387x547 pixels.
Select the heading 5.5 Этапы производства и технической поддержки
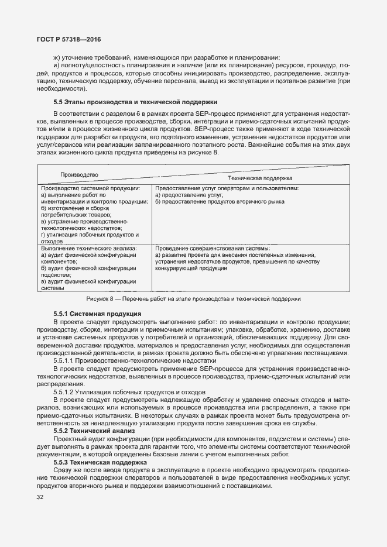click(x=135, y=101)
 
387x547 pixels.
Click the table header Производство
click(x=79, y=174)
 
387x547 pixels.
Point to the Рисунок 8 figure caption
click(x=193, y=298)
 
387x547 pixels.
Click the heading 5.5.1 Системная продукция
click(x=97, y=314)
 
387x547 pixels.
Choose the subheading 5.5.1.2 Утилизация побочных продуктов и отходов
click(x=129, y=391)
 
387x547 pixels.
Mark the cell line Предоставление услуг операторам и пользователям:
click(x=227, y=188)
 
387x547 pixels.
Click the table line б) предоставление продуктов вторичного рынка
click(x=220, y=202)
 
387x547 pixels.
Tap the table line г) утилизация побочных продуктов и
click(x=90, y=235)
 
